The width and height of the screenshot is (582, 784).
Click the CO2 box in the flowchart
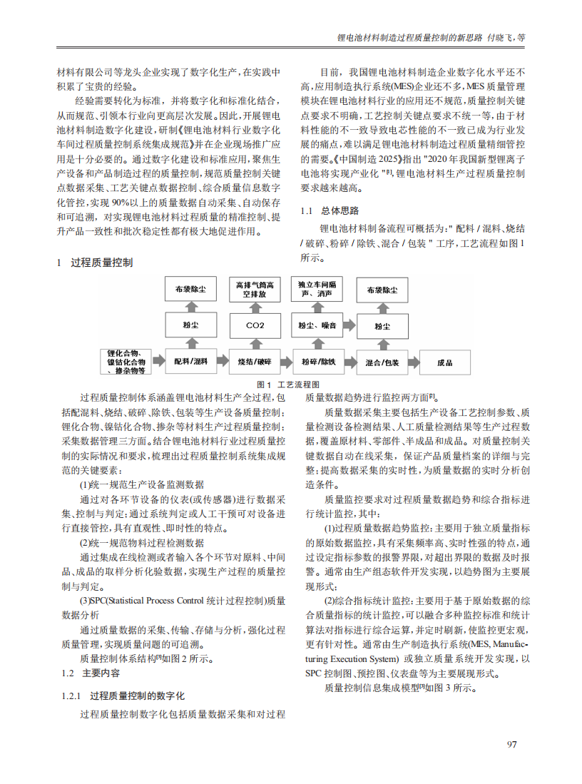point(255,326)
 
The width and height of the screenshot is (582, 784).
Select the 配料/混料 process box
point(190,362)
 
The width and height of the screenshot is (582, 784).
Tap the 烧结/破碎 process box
point(255,362)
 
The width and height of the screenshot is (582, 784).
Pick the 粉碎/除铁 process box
point(317,362)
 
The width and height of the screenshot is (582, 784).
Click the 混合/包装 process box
point(382,362)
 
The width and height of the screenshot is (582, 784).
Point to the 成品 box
point(444,362)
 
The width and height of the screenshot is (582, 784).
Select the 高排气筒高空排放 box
point(255,290)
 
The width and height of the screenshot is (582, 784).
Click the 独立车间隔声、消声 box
point(318,289)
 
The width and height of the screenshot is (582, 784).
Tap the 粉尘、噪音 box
point(318,326)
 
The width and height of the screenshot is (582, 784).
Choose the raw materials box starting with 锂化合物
point(126,362)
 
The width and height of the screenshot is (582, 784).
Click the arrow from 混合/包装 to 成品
point(414,362)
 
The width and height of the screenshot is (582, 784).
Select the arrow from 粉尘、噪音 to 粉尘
point(350,326)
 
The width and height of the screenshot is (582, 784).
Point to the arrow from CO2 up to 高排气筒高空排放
point(255,307)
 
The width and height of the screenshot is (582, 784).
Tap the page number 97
point(511,745)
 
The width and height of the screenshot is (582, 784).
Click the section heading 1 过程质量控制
point(96,263)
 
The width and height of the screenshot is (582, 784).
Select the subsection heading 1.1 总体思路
point(330,211)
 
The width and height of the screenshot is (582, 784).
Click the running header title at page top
point(431,37)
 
